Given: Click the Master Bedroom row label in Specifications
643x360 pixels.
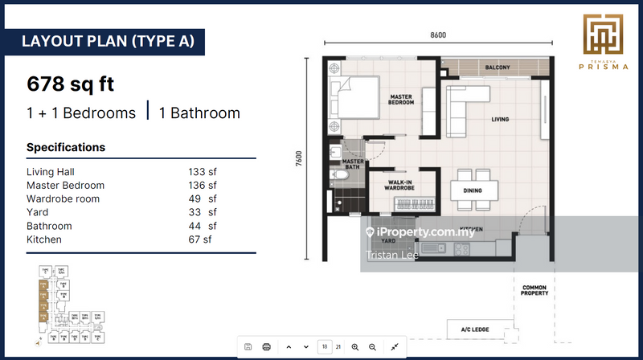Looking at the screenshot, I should (x=65, y=185).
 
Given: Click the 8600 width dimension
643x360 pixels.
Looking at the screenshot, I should (x=438, y=35).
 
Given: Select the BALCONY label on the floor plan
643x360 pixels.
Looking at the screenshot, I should (x=497, y=67).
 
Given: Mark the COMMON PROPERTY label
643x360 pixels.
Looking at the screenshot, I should (x=534, y=290).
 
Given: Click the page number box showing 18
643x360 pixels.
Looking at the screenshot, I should (x=325, y=346).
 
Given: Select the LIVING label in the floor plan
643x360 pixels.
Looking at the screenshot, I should (x=500, y=120).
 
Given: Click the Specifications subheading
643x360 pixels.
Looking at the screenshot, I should (x=66, y=148).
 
